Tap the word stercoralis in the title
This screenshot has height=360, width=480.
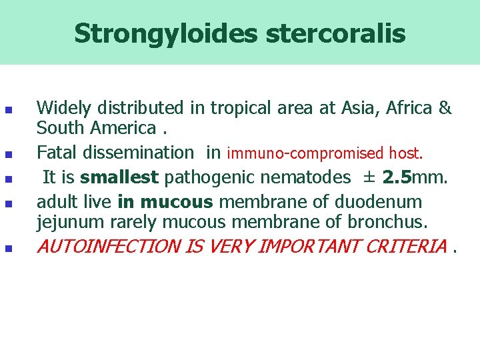click(x=335, y=33)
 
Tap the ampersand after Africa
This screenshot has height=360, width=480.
click(x=445, y=107)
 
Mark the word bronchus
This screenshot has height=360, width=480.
click(x=392, y=221)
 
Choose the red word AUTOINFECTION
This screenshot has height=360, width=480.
click(x=109, y=247)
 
